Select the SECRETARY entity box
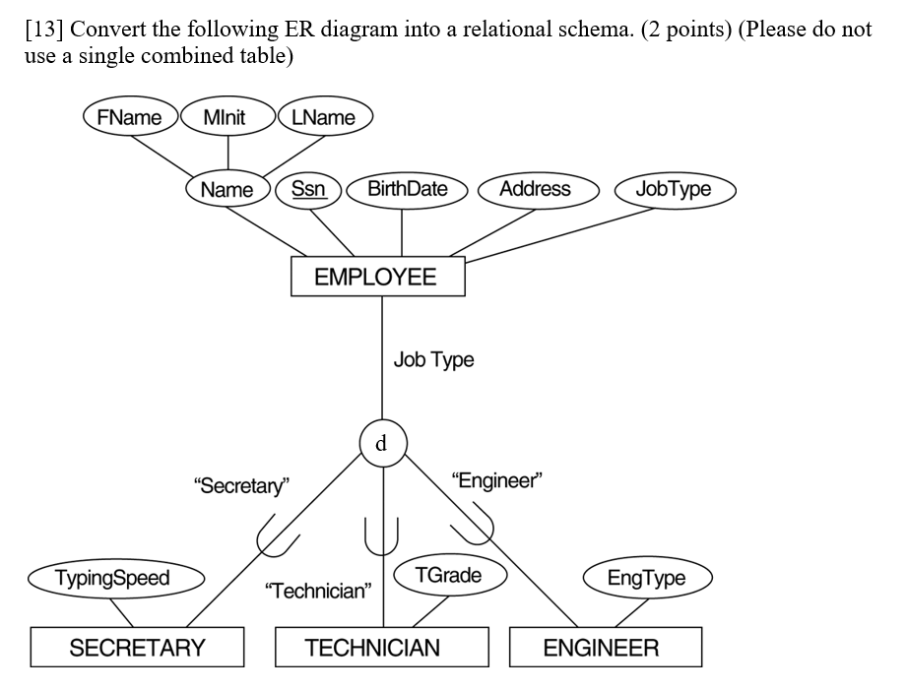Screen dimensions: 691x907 [137, 647]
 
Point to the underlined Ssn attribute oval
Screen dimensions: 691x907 [308, 188]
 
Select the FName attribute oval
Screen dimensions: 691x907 [130, 118]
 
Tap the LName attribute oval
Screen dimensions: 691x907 [325, 118]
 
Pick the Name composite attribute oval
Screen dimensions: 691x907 [227, 189]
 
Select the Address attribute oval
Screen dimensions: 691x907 [535, 188]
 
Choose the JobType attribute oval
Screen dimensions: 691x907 [674, 188]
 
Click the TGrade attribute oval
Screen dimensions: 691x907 [449, 575]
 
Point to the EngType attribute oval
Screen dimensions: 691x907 [646, 578]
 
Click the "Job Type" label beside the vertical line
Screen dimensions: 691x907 [433, 359]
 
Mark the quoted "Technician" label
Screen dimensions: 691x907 [318, 591]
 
